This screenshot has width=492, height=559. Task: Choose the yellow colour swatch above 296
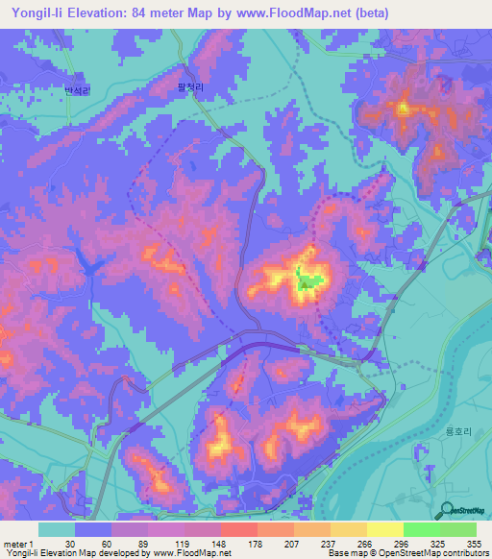click(384, 529)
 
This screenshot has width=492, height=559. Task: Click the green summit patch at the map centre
click(307, 282)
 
